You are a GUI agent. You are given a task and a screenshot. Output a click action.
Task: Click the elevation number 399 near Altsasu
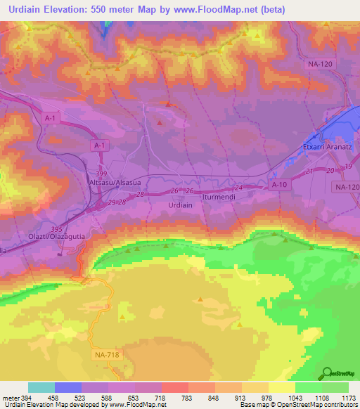coord(103,172)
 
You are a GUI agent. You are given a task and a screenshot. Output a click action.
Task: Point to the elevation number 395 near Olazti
coord(58,228)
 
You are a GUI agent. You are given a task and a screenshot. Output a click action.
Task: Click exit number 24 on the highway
coord(238,188)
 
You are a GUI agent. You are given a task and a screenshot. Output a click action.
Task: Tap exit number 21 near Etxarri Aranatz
coord(309,171)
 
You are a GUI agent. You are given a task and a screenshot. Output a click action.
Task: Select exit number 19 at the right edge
coord(349,167)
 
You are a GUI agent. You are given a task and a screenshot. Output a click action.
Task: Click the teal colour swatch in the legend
coord(41,387)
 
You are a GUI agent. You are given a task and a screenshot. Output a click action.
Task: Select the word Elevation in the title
coord(72,10)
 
